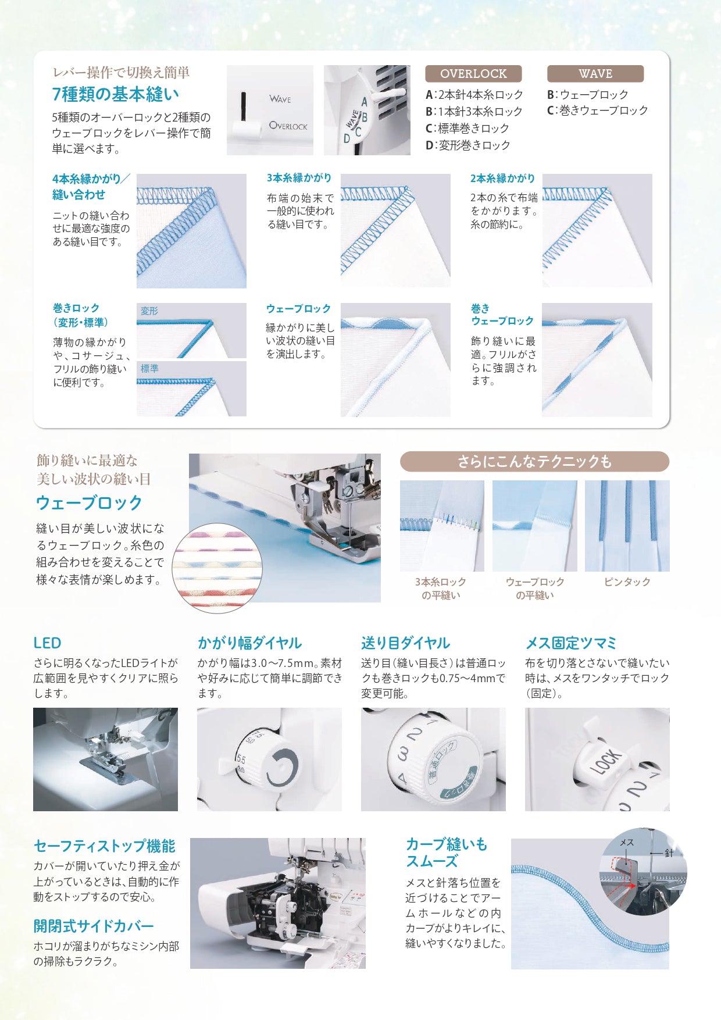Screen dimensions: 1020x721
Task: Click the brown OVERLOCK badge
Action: coord(473,74)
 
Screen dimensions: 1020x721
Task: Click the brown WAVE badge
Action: coord(595,74)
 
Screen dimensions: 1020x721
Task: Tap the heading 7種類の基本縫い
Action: coord(116,94)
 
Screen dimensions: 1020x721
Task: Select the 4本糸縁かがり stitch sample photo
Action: coord(191,231)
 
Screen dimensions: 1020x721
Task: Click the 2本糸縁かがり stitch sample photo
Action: coord(597,230)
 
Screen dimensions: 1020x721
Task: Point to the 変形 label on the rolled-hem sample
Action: coord(149,311)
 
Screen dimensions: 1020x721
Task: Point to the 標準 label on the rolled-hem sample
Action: coord(149,369)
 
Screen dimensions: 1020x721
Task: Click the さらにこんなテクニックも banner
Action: coord(534,462)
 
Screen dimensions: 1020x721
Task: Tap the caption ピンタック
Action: coord(627,582)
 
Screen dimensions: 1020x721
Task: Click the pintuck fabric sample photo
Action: coord(627,526)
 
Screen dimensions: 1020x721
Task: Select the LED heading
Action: coord(47,643)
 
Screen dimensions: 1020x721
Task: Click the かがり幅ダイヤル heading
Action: coord(249,643)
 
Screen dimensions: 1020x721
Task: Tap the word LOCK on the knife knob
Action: coord(606,762)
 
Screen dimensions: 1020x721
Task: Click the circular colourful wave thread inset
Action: coord(217,568)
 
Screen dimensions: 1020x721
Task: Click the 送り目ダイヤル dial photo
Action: coord(433,759)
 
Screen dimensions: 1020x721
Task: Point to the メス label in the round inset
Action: coord(627,843)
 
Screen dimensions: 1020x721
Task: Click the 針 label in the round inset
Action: coord(669,853)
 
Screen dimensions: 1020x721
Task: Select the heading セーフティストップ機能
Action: coord(104,846)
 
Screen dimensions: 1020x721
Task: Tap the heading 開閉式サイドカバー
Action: coord(94,926)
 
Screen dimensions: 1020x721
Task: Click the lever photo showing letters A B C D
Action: coord(367,110)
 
